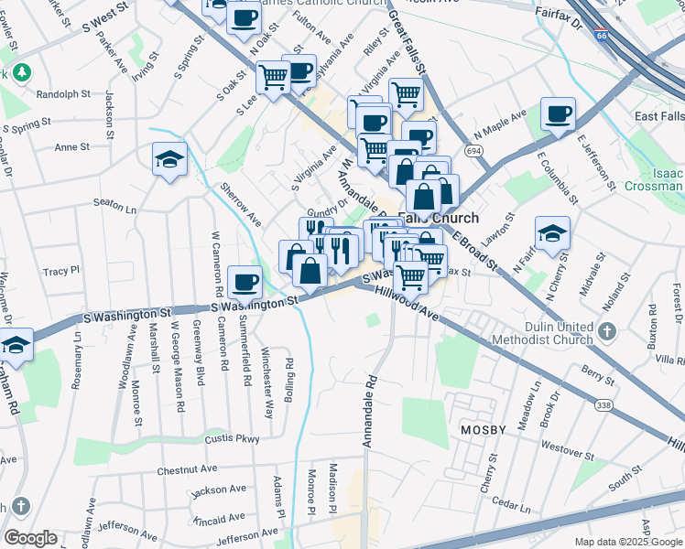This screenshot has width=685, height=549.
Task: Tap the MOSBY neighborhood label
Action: [484, 430]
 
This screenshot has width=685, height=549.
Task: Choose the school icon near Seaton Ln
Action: [169, 159]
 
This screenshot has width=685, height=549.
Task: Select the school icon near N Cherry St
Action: [552, 233]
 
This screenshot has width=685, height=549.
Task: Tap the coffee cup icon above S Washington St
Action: [244, 282]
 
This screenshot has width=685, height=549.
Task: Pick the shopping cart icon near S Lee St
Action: [272, 78]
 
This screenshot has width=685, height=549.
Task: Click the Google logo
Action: [29, 538]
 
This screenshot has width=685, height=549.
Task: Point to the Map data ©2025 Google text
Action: [628, 541]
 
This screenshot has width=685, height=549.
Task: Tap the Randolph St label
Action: [63, 93]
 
